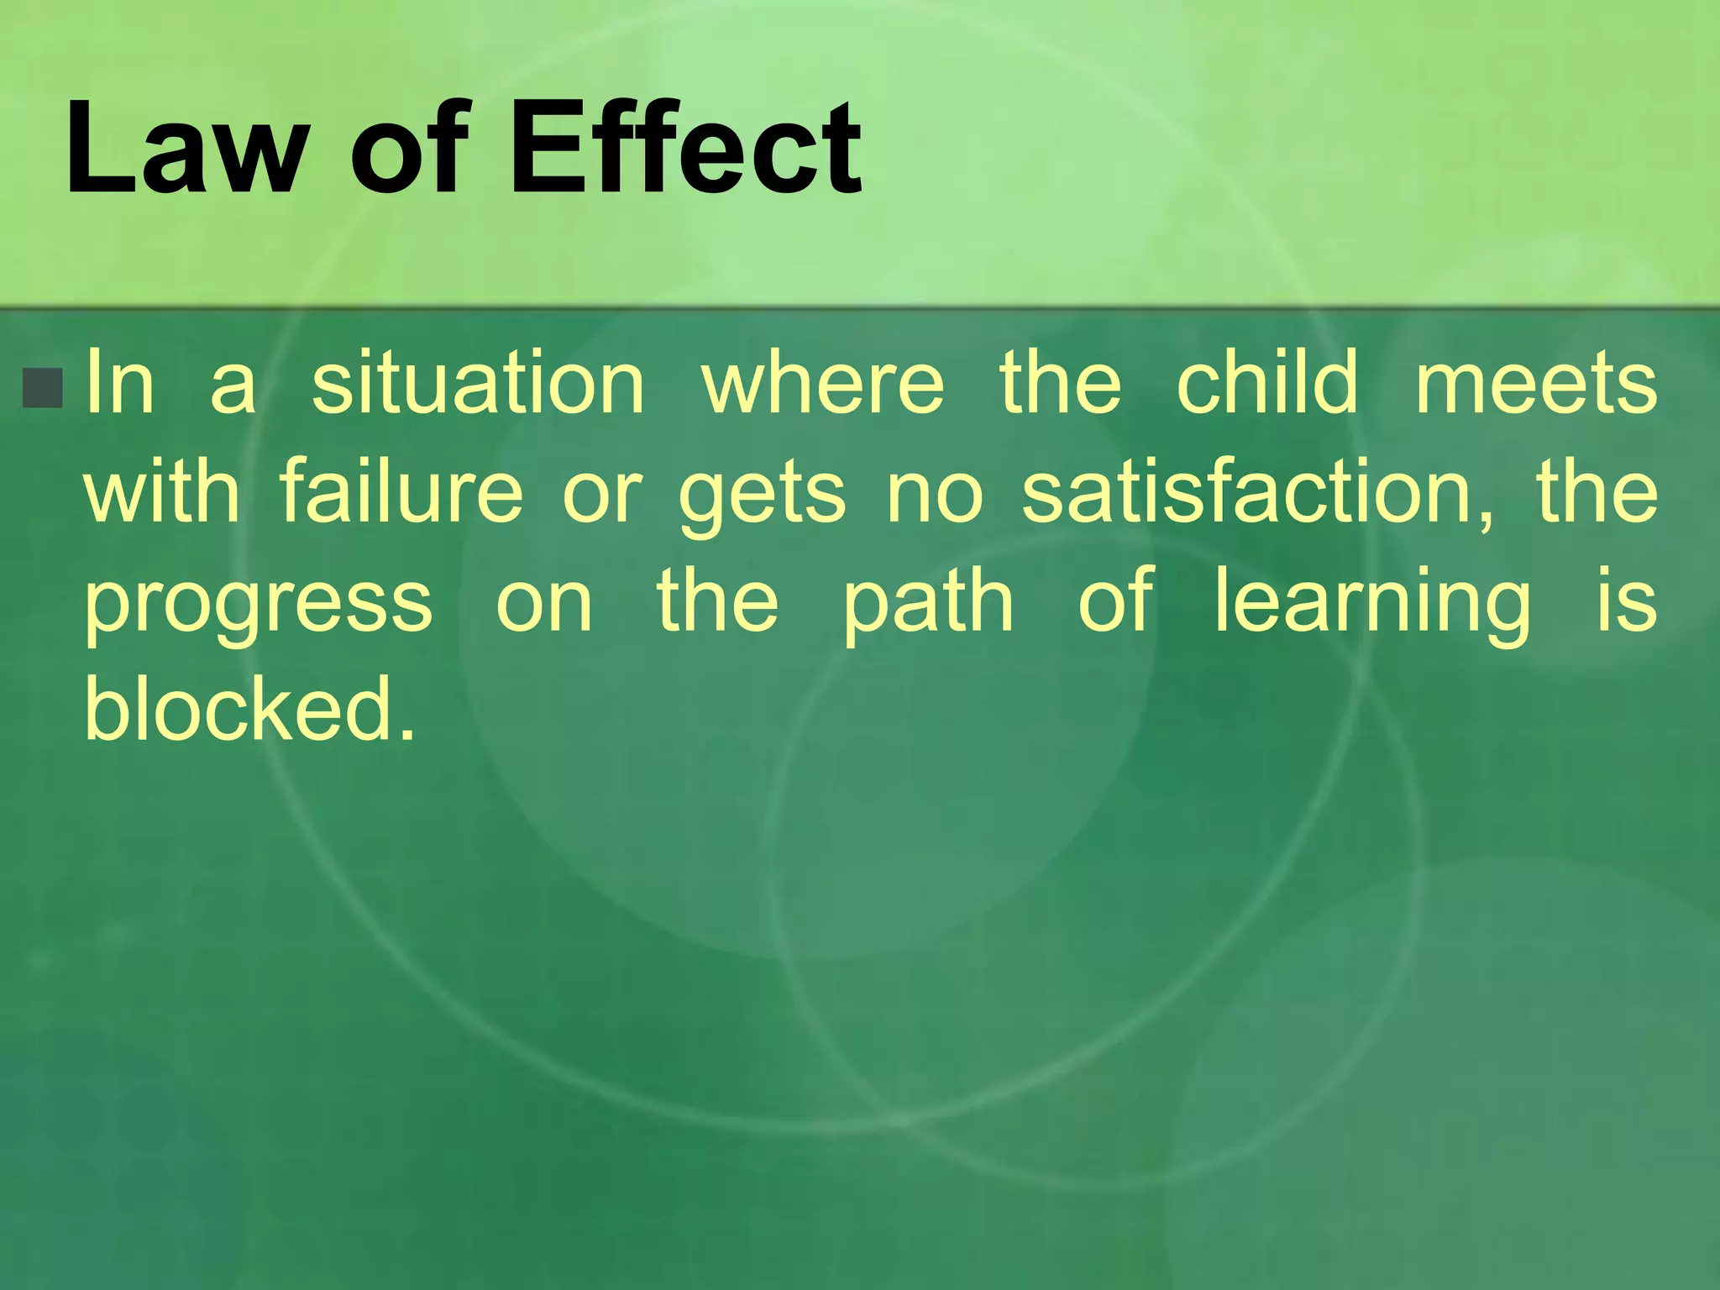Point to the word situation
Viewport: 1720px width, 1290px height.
478,384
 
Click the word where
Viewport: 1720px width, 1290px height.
823,384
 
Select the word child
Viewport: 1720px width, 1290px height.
1266,384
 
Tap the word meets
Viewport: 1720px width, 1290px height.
1536,384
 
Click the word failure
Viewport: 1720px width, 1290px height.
401,493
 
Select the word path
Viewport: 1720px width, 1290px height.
928,603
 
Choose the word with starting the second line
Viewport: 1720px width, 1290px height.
161,493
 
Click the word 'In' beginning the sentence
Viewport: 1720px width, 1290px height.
120,384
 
